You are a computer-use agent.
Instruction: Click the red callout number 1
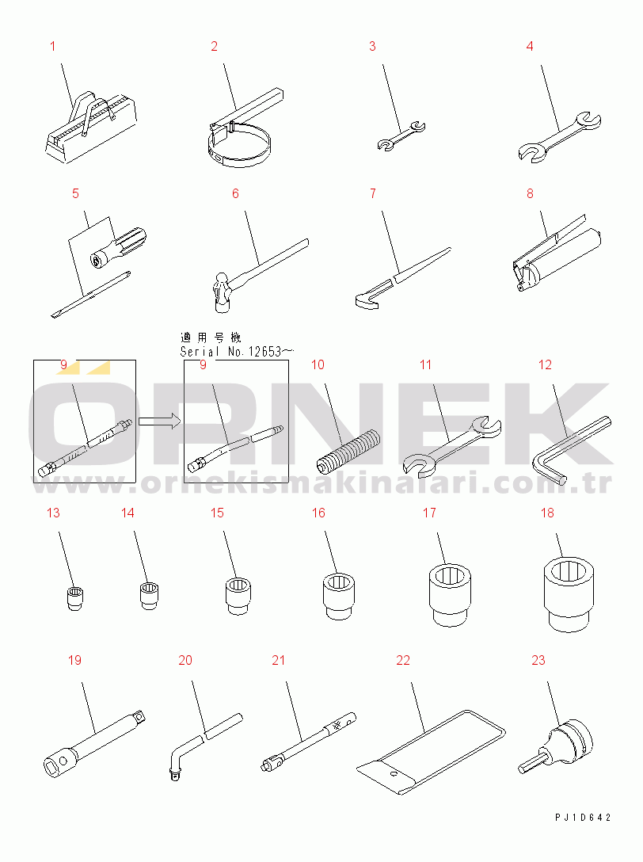point(53,46)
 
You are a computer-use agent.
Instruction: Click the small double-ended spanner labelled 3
point(401,135)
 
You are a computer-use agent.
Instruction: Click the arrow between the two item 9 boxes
point(159,421)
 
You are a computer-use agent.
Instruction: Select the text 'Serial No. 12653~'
point(238,351)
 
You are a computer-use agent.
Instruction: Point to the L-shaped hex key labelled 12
point(572,450)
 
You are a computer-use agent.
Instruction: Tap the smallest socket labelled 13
point(74,598)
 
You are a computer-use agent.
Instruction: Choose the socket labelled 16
point(339,595)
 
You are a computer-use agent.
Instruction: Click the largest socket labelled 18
point(569,593)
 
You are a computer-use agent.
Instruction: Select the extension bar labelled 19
point(94,742)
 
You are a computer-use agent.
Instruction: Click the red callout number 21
point(279,660)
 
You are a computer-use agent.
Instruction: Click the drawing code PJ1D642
point(583,818)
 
